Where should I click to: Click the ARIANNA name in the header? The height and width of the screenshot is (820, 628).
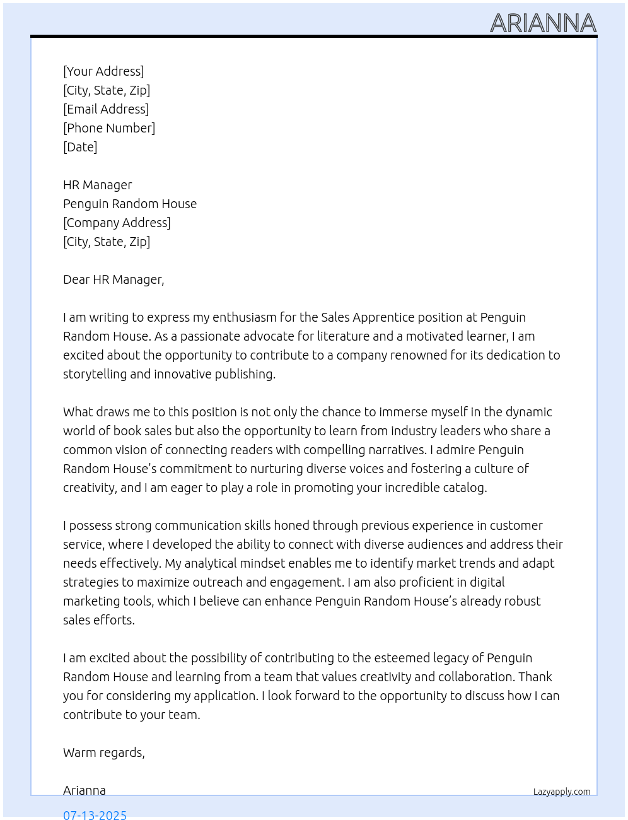point(543,23)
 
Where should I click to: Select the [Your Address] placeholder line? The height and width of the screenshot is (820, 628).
point(103,71)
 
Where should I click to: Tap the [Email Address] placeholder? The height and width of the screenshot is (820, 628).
point(106,109)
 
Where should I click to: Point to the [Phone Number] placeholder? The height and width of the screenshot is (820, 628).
point(109,128)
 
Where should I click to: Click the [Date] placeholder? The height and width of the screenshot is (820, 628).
point(80,147)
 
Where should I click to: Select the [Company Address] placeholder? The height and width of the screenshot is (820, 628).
point(117,223)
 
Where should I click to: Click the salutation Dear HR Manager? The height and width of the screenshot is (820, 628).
point(113,279)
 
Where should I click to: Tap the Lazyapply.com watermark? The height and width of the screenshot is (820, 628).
point(562,792)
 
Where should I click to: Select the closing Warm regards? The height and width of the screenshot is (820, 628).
point(104,753)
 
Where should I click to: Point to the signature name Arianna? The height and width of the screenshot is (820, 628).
point(84,790)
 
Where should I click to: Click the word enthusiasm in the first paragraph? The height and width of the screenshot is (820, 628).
point(244,317)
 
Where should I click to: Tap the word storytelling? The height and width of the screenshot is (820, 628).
point(95,374)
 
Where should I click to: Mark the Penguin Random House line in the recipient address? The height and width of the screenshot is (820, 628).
point(130,204)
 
